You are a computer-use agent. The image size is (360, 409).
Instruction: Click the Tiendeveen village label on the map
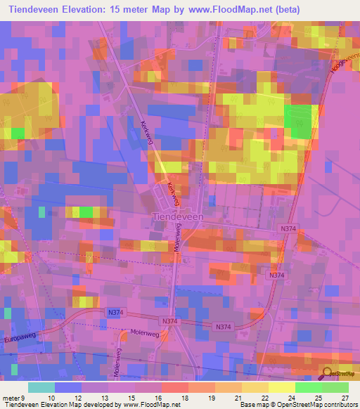pyautogui.click(x=178, y=218)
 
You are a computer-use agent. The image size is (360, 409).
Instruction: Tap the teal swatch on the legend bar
pyautogui.click(x=41, y=387)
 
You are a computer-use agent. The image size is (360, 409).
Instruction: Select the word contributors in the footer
pyautogui.click(x=340, y=405)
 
